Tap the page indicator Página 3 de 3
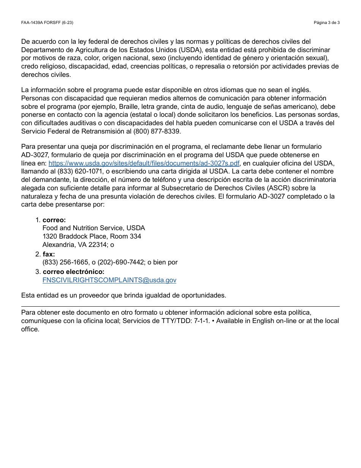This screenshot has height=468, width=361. tap(326, 22)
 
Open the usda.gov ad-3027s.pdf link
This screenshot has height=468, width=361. tap(144, 163)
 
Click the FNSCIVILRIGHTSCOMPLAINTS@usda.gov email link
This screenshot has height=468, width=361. tap(109, 280)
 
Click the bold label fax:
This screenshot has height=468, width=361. tap(49, 254)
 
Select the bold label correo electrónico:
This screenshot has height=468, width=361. tap(73, 272)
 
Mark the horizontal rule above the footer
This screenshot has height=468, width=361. tap(180, 306)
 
